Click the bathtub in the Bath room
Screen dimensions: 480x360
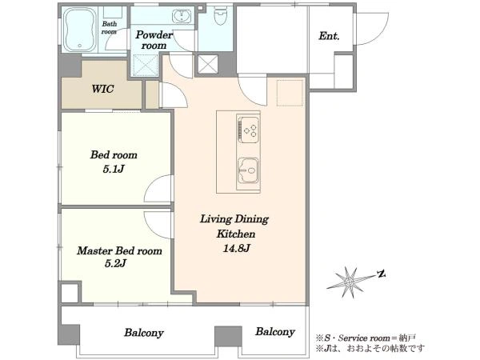coord(80,30)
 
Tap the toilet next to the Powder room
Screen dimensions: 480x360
coord(219,16)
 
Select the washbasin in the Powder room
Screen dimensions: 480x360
coord(182,16)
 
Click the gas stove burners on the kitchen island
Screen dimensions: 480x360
coord(248,130)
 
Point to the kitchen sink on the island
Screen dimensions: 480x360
coord(248,170)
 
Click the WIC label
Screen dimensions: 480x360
coord(103,89)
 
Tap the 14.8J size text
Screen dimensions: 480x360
coord(236,249)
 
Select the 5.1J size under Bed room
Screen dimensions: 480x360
coord(114,169)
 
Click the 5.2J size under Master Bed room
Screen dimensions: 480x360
coord(116,263)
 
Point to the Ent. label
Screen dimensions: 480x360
coord(329,36)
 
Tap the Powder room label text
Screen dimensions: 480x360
coord(154,40)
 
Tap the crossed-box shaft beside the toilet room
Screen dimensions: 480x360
coord(208,64)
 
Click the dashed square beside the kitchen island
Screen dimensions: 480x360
coord(290,93)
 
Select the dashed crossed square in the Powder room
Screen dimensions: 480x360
coord(146,66)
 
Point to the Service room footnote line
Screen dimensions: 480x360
coord(366,338)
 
